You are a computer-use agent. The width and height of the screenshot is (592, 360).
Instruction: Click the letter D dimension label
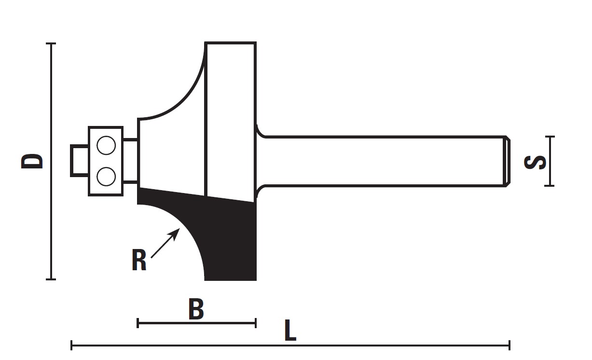tap(32, 161)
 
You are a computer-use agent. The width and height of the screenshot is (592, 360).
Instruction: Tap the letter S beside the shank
tap(535, 162)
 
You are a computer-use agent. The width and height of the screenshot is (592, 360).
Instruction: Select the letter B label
tap(196, 308)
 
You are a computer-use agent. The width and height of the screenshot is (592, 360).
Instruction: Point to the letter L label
tap(290, 330)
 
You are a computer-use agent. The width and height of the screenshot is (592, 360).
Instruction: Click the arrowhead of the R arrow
tap(175, 233)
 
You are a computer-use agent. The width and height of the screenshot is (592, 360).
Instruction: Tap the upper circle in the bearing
tap(106, 145)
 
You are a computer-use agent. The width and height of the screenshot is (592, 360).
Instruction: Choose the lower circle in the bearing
tap(106, 177)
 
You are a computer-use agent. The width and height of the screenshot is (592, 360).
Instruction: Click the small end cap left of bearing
tap(79, 161)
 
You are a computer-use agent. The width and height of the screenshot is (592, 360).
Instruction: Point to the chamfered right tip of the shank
tap(507, 161)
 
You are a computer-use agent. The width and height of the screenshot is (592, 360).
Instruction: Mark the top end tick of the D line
tap(51, 43)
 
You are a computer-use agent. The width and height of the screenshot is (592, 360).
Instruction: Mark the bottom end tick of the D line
tap(51, 279)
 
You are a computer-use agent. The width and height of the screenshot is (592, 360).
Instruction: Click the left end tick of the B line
tap(138, 323)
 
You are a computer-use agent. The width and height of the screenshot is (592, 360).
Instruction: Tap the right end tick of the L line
tap(509, 345)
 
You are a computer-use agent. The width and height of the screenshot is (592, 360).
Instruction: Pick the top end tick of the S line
tap(550, 137)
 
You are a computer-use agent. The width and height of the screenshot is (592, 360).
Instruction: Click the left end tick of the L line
tap(71, 345)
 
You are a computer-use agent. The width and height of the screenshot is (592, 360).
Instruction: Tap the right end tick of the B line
tap(256, 323)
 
